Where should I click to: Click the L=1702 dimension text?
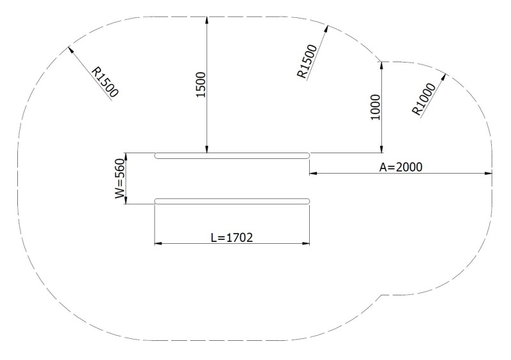(x=233, y=237)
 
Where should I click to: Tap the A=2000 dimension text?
(x=401, y=167)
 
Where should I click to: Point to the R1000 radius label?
(x=424, y=100)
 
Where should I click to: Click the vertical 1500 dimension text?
(x=199, y=84)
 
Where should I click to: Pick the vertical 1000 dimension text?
(x=375, y=107)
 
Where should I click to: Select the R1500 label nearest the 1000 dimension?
(x=309, y=62)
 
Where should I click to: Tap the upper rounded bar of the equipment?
(x=233, y=155)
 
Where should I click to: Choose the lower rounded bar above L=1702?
(x=233, y=202)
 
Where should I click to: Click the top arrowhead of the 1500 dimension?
(x=206, y=19)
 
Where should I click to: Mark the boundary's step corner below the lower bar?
(x=381, y=296)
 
